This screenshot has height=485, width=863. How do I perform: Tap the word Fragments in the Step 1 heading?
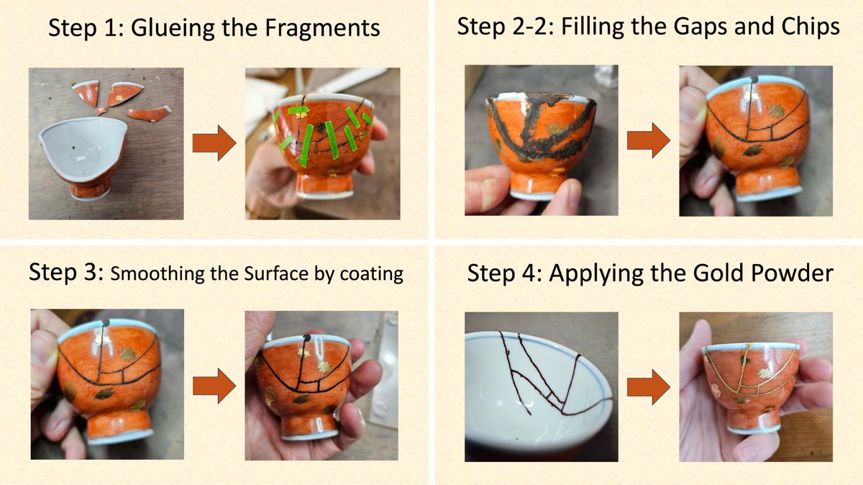point(322,28)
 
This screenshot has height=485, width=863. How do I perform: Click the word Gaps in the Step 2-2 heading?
point(700,27)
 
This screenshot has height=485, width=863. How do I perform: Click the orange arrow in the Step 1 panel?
point(214,142)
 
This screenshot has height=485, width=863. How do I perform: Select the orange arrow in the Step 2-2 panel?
point(649,140)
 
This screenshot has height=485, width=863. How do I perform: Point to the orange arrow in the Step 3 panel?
point(214,386)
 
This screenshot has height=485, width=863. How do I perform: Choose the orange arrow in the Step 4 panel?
point(649,387)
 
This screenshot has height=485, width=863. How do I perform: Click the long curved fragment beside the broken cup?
point(149,114)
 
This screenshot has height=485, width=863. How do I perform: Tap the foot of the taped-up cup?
point(327,186)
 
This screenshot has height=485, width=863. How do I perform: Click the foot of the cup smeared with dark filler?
point(543,186)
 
